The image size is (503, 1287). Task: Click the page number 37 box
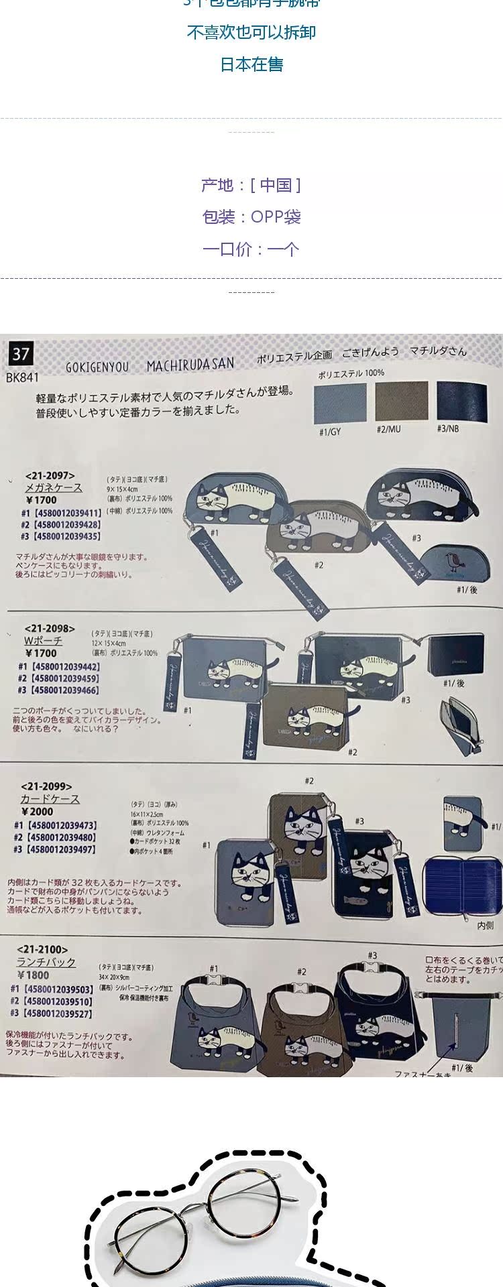[x=21, y=353]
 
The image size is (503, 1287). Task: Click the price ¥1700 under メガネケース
[x=42, y=500]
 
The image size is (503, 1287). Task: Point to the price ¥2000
[x=38, y=811]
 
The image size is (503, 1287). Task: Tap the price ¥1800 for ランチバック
[x=33, y=975]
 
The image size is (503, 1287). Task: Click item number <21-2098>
[x=50, y=629]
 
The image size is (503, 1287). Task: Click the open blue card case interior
[x=462, y=885]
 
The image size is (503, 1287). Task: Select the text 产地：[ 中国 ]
[x=251, y=185]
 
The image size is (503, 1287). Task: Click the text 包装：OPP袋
[x=251, y=217]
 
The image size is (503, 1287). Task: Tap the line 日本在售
[x=251, y=64]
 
